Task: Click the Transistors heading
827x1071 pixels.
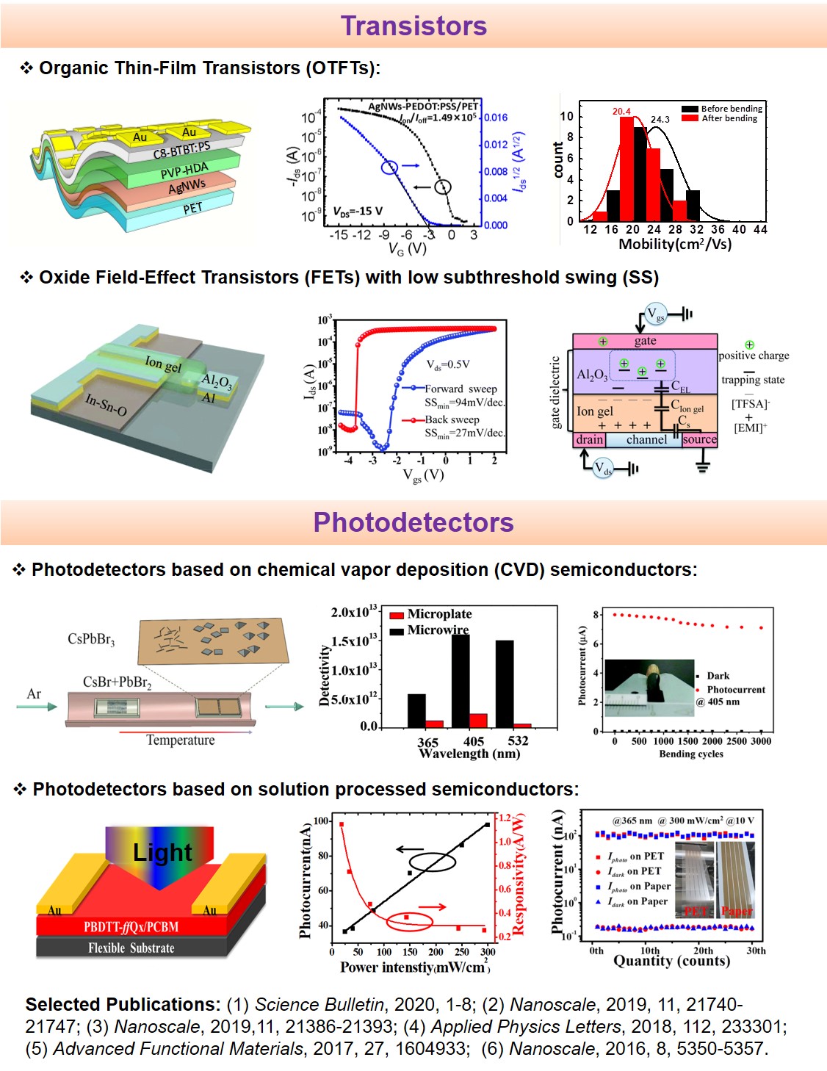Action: coord(413,26)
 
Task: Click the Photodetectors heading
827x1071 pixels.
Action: coord(413,522)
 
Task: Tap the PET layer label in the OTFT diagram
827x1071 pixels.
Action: coord(192,209)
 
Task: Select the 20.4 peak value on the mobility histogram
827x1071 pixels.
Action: coord(621,112)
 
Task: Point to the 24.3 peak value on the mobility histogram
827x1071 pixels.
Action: coord(660,119)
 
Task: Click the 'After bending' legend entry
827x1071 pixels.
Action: coord(729,118)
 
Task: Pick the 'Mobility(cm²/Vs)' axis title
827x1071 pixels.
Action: coord(675,244)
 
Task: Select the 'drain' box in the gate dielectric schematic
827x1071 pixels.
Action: coord(589,439)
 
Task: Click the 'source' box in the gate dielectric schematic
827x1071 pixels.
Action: coord(699,439)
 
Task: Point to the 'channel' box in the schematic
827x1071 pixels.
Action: coord(646,439)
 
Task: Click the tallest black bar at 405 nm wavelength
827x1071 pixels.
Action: coord(461,679)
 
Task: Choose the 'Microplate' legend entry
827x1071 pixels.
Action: coord(439,614)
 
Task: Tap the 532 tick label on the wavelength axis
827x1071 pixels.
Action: coord(518,740)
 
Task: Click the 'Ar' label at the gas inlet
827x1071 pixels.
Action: coord(34,694)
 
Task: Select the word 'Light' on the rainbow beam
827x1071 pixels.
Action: coord(162,852)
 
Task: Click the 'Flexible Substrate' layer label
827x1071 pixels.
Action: coord(131,948)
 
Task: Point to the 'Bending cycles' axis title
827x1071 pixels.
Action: coord(690,754)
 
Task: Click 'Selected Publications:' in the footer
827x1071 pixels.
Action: coord(123,1004)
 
